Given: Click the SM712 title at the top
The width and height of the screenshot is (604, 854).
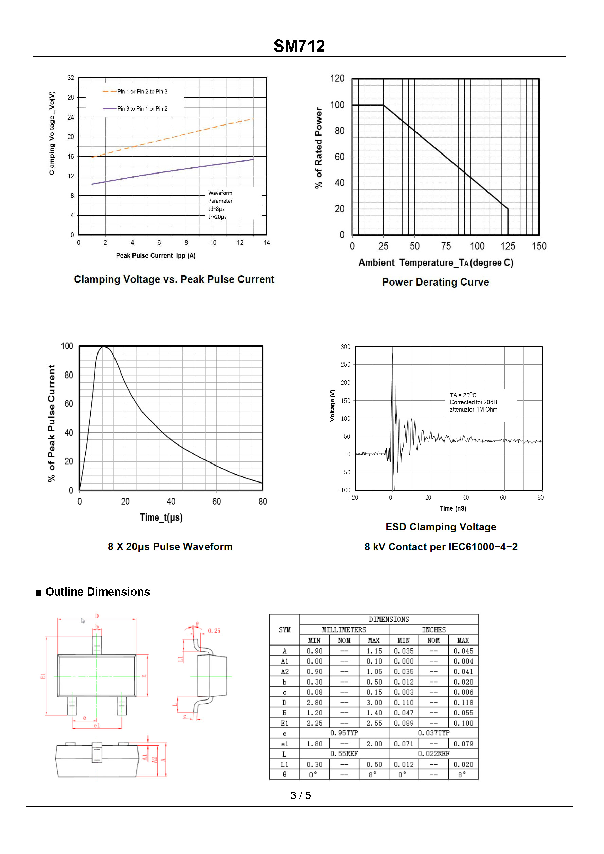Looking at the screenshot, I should click(x=299, y=46).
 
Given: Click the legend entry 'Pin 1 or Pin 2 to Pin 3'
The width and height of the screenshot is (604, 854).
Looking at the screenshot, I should click(x=142, y=91).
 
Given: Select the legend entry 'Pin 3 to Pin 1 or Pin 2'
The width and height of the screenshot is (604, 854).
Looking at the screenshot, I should click(x=142, y=109).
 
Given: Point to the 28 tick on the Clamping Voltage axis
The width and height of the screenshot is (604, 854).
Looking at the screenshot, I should click(x=71, y=97).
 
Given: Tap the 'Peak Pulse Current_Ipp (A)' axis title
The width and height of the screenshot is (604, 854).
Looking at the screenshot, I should click(x=156, y=256).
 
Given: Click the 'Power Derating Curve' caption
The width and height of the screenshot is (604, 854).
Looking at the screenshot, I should click(x=435, y=282).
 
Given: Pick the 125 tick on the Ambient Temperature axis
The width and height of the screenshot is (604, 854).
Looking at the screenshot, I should click(x=508, y=246).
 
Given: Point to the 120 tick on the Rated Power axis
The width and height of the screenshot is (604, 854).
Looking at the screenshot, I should click(x=337, y=78).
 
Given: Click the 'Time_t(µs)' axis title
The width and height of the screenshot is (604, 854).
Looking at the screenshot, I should click(x=161, y=517).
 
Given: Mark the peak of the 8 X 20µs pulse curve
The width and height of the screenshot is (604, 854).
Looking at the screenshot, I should click(x=103, y=347).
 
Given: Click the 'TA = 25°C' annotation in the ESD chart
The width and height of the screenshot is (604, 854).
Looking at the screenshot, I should click(x=463, y=395).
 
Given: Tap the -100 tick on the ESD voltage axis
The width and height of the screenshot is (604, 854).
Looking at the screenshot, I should click(x=344, y=490).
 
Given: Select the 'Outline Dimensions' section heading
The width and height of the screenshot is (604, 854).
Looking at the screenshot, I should click(x=97, y=592).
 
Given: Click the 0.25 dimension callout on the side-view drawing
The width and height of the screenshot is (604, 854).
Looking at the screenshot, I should click(x=214, y=631).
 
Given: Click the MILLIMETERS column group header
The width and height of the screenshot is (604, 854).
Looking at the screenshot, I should click(x=344, y=630).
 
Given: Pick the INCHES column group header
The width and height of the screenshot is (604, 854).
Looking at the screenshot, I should click(x=433, y=630).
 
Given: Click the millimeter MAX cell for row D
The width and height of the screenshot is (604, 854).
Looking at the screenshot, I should click(x=374, y=702).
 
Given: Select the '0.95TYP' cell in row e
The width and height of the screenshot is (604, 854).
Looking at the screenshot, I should click(x=344, y=733).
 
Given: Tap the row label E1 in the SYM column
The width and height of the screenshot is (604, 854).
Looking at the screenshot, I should click(x=284, y=723).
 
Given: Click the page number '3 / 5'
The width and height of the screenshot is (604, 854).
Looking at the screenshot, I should click(x=300, y=795).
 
